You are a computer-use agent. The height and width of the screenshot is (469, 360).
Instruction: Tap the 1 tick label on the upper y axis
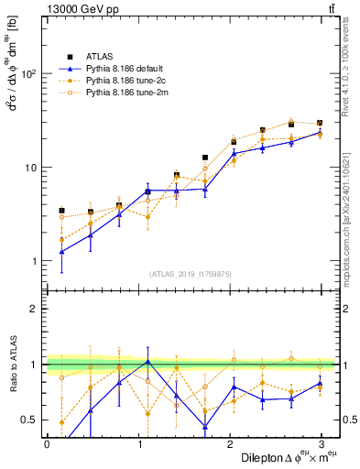coord(32,261)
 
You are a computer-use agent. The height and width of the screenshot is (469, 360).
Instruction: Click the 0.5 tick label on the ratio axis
coord(27,420)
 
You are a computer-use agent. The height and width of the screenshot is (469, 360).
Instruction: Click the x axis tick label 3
coord(321,444)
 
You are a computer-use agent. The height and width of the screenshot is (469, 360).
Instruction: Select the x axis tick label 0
coord(47,444)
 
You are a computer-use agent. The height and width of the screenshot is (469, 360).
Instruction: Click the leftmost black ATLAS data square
coord(61,211)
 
